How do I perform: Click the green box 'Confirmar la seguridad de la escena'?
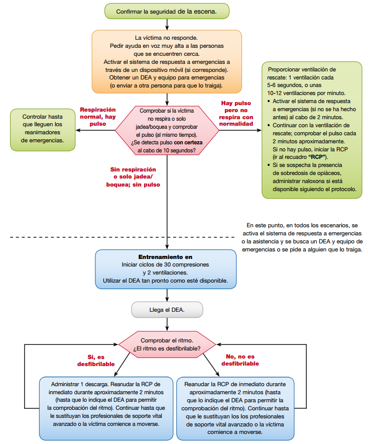pos(167,11)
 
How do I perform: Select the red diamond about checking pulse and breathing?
pos(167,130)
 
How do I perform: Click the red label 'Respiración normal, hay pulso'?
pos(98,117)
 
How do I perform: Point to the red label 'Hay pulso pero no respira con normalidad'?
pos(236,113)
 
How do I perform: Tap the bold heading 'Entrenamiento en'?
pos(166,256)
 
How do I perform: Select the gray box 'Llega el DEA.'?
pos(167,309)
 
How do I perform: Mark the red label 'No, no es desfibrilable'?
pos(240,360)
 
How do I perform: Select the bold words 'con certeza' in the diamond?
pos(188,143)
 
